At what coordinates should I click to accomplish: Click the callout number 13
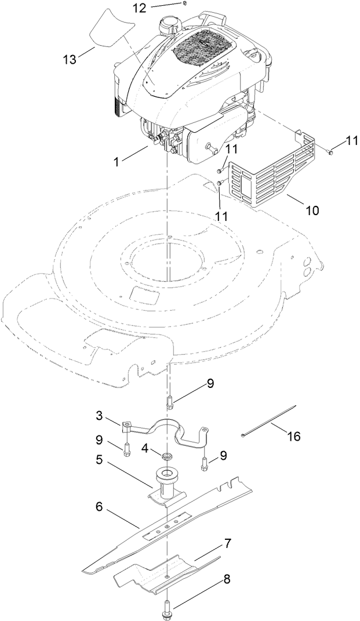point(70,60)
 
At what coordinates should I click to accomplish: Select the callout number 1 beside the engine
point(117,163)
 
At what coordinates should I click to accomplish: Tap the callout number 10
point(312,210)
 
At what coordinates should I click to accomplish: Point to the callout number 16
point(294,436)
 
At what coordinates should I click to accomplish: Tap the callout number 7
point(228,544)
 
